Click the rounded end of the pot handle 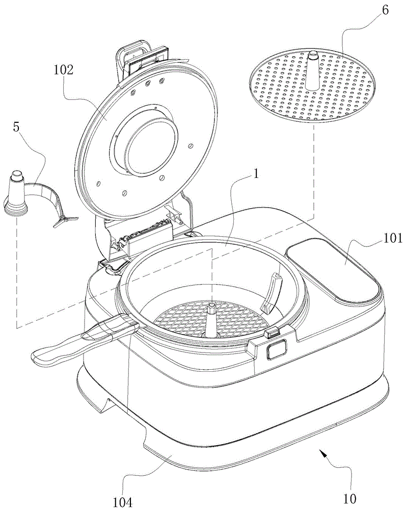point(41,356)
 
